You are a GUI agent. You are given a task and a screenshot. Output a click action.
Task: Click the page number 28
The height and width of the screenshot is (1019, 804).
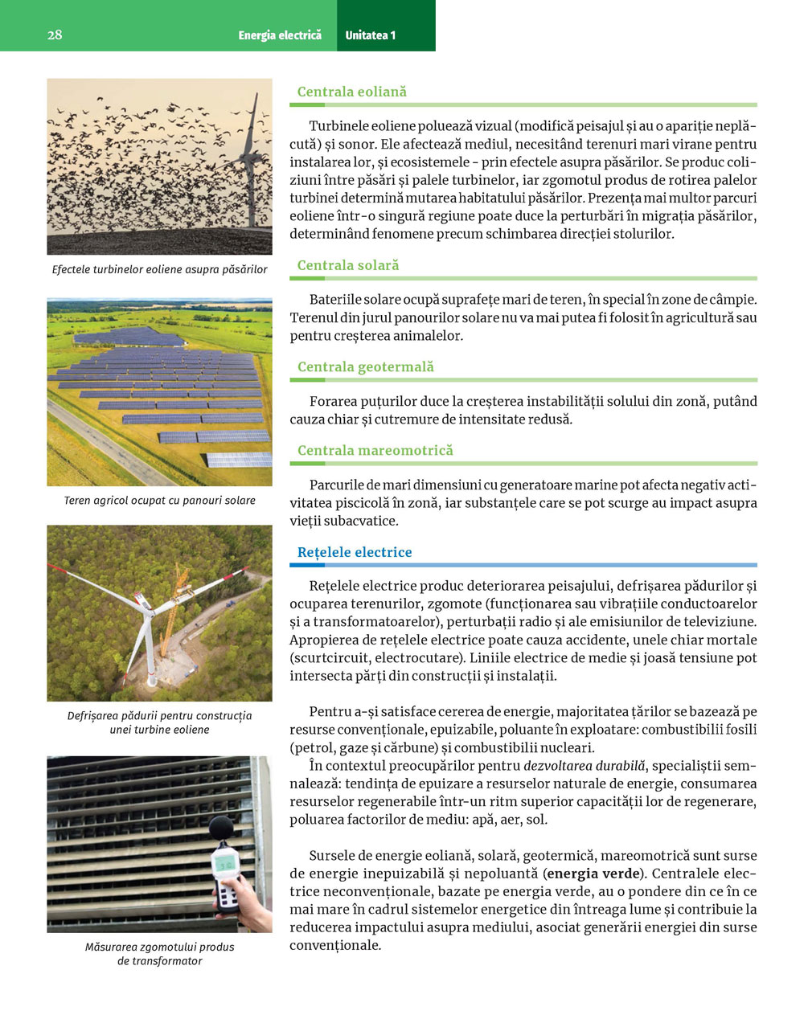point(55,35)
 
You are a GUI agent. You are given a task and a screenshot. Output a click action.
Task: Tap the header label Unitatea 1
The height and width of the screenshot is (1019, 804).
point(370,35)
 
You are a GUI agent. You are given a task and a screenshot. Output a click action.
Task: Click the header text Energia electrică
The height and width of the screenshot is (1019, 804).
point(280,35)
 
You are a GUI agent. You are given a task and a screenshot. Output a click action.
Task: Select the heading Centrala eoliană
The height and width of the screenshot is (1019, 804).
point(352,92)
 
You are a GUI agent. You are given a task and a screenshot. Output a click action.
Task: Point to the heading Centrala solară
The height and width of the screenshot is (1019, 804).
point(348,265)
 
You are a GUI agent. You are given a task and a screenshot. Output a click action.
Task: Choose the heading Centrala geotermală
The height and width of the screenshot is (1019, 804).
point(366,366)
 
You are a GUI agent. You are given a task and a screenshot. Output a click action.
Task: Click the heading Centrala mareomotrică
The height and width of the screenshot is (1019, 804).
point(375,450)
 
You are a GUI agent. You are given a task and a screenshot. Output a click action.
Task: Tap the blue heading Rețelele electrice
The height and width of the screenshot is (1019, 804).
point(355,552)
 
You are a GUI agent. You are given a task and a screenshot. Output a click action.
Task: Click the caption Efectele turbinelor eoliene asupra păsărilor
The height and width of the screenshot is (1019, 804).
point(159,269)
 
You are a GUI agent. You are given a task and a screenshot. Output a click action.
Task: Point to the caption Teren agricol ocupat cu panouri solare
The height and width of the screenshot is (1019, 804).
point(159,500)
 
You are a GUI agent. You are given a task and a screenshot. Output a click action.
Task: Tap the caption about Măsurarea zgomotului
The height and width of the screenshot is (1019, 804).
point(159,954)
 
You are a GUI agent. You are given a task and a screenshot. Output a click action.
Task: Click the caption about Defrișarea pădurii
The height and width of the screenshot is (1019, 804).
point(159,722)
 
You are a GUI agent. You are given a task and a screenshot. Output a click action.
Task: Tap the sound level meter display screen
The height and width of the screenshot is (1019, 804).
point(226,864)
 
